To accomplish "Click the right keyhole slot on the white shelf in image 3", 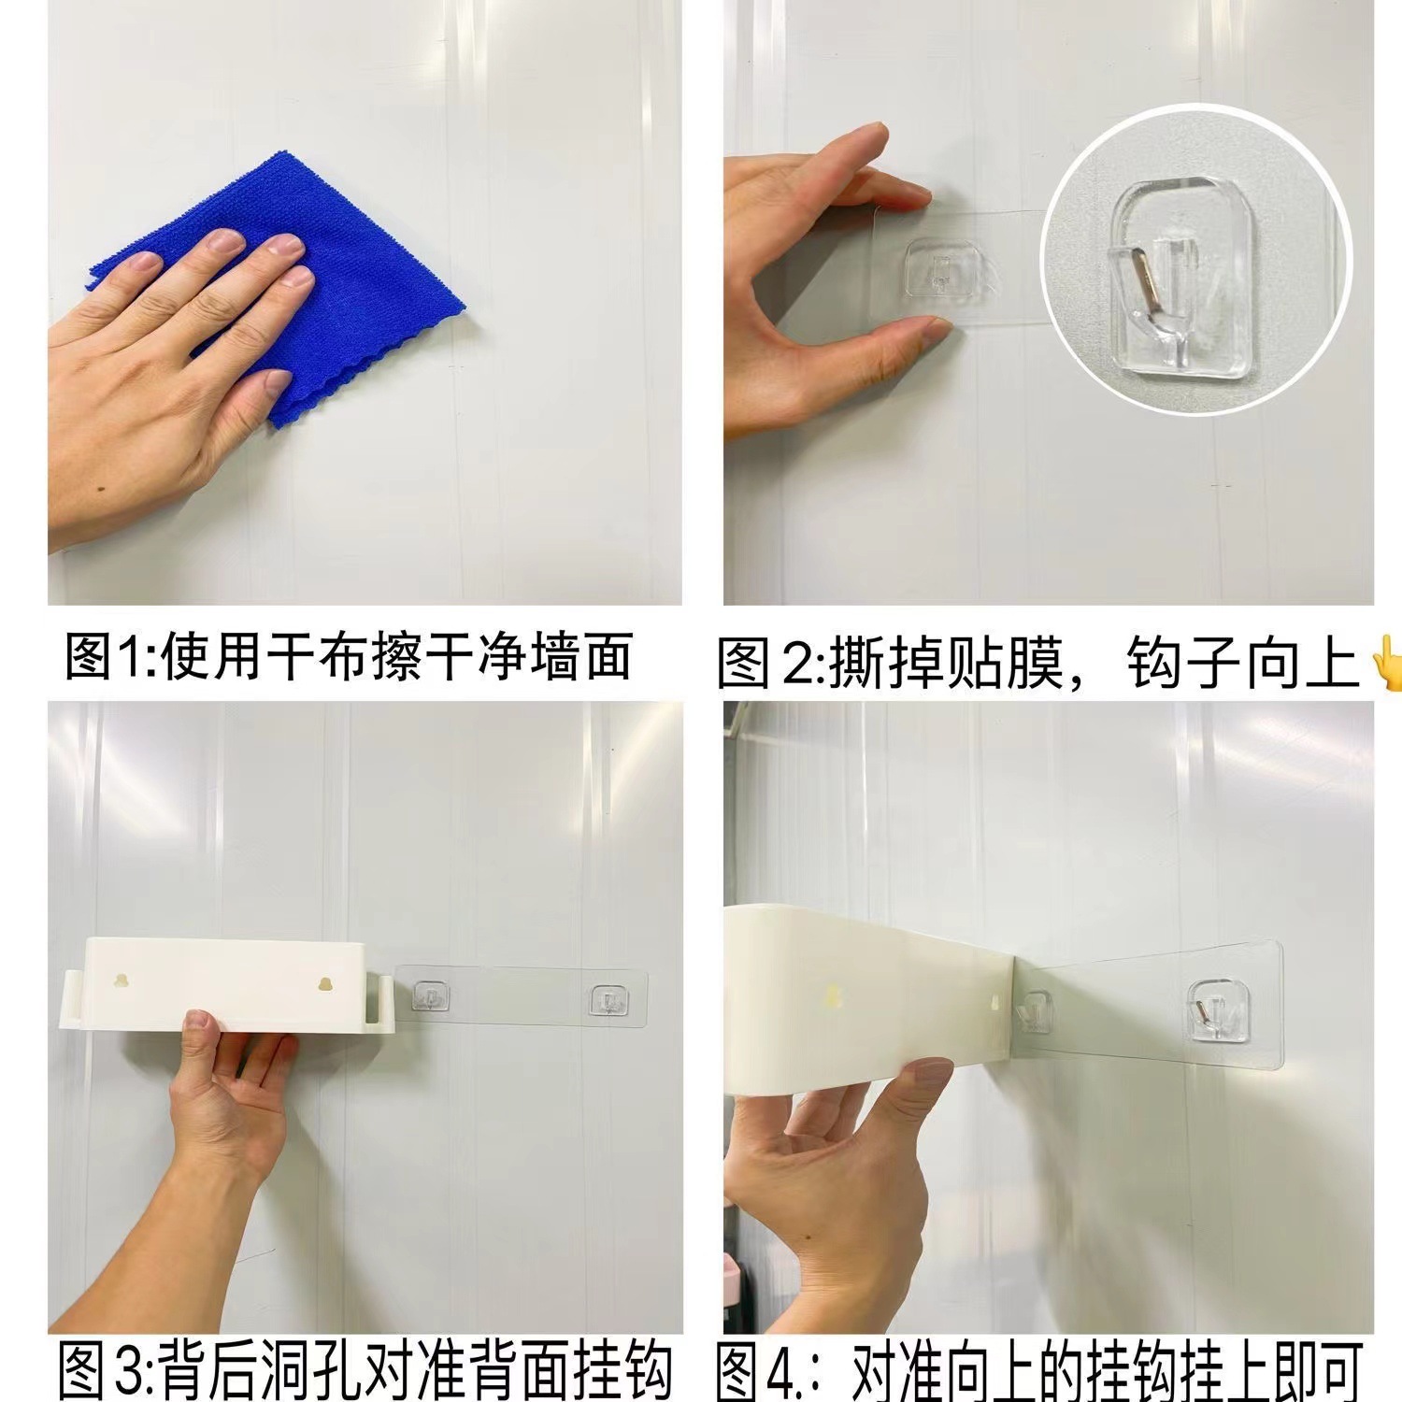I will click(325, 985).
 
